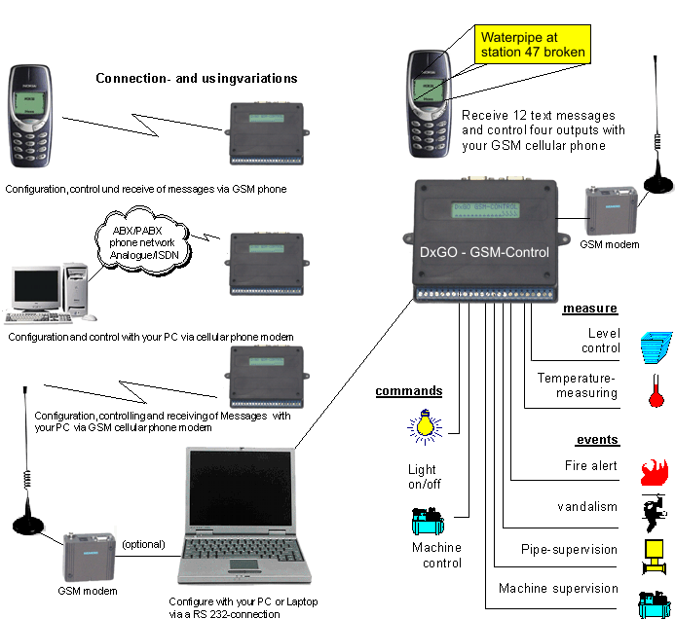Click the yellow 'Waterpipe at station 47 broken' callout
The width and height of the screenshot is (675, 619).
point(531,44)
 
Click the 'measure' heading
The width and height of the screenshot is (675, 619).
point(590,309)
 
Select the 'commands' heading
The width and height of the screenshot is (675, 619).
point(409,391)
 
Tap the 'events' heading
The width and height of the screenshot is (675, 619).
point(596,439)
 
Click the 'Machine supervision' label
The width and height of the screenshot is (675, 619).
point(558,588)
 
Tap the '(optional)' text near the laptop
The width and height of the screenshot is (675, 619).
point(143,543)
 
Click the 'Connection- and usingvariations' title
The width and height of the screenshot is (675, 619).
point(196,78)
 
